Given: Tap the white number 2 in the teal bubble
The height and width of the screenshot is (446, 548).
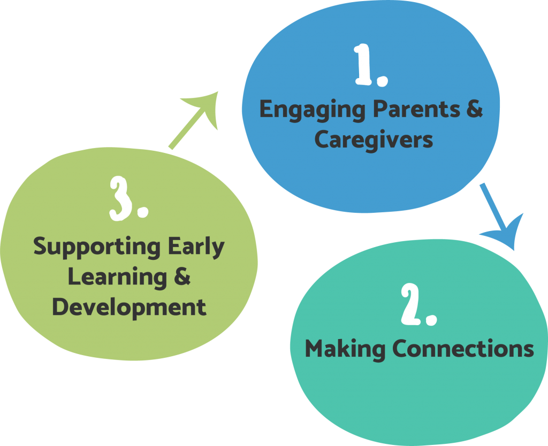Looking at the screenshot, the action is tap(410, 304).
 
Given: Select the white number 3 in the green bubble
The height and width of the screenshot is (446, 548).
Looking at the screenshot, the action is tap(120, 198).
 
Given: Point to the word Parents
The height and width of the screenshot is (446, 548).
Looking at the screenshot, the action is tap(416, 109).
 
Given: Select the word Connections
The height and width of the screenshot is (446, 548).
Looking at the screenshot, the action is tap(463, 349).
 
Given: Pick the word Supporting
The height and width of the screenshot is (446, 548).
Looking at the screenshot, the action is tap(97, 248).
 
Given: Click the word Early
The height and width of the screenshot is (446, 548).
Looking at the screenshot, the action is tap(196, 248).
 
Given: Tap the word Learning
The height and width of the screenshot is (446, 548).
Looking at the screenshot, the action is tap(117, 278).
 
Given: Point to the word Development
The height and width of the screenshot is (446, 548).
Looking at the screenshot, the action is tap(129, 307).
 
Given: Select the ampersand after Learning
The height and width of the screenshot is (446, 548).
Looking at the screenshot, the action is tap(182, 276).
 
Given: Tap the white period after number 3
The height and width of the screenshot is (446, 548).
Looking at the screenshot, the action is tap(143, 212).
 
